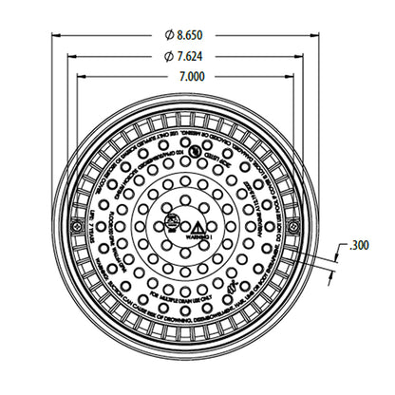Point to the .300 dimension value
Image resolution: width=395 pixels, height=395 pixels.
358,245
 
